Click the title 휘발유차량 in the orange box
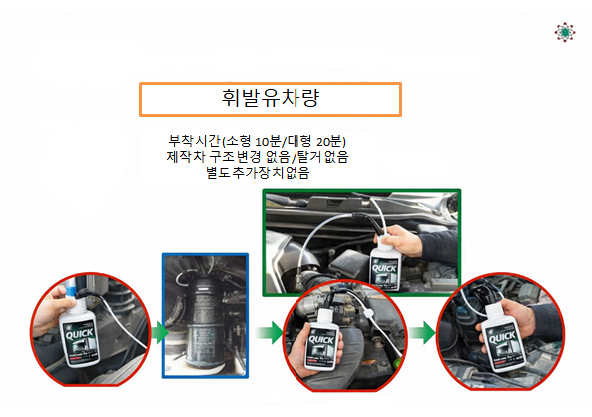point(271,98)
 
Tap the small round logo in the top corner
point(566,32)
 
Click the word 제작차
point(186,157)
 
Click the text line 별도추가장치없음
point(258,173)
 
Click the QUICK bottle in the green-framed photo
point(385,268)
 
